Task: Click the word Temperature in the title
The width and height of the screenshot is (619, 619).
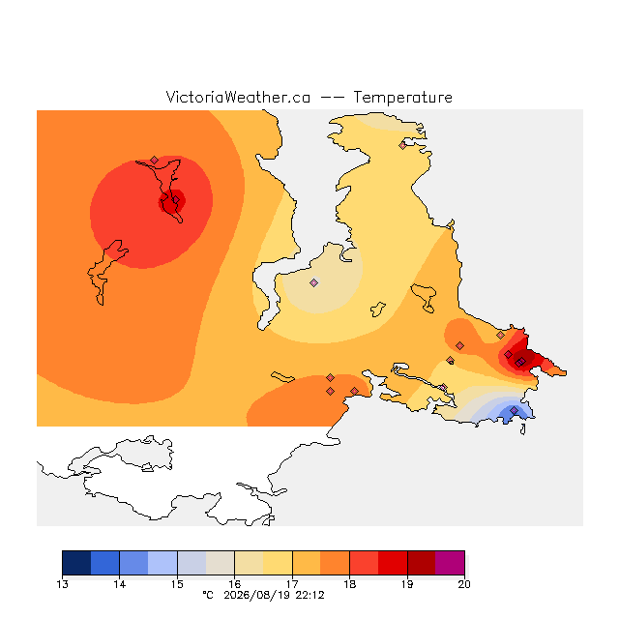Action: [x=402, y=98]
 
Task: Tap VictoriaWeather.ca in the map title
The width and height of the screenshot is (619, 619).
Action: [x=238, y=98]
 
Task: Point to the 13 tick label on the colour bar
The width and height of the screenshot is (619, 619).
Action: [x=62, y=584]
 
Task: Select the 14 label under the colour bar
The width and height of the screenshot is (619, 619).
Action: [x=120, y=584]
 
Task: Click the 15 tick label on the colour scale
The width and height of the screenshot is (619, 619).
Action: [x=177, y=584]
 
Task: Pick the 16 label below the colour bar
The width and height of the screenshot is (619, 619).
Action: [x=234, y=584]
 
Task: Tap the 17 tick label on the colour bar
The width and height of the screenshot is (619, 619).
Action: [x=292, y=584]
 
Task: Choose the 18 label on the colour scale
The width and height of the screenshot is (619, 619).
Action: [x=350, y=584]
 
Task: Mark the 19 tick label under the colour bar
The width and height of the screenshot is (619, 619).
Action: [x=407, y=584]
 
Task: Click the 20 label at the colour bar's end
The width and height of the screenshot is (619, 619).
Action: [x=464, y=584]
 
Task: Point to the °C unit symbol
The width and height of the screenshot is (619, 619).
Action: [x=208, y=596]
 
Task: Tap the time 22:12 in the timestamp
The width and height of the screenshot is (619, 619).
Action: [x=309, y=596]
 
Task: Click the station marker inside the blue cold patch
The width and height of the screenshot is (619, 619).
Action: [x=514, y=410]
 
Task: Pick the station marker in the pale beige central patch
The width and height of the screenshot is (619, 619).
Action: [x=313, y=282]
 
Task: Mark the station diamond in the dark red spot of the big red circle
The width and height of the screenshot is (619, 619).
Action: [x=176, y=200]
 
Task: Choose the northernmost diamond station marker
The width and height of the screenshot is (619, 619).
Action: [x=402, y=146]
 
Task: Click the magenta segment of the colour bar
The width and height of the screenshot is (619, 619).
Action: [x=450, y=563]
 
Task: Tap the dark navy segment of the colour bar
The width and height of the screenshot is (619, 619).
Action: [x=76, y=563]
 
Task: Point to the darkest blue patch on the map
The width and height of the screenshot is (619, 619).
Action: [x=514, y=414]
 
